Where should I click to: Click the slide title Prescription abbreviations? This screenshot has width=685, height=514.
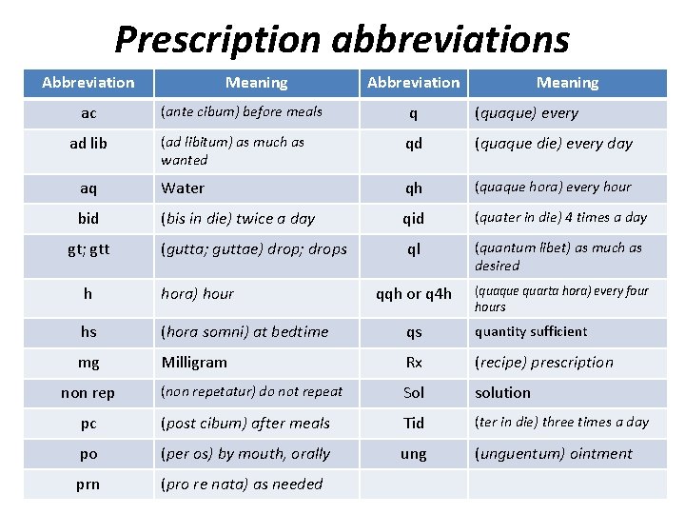[342, 40]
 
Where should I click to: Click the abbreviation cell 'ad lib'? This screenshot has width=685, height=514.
[88, 144]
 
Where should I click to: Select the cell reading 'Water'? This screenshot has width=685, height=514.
[183, 188]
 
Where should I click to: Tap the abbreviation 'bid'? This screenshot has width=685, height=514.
[88, 218]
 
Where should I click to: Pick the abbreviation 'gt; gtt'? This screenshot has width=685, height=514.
[88, 248]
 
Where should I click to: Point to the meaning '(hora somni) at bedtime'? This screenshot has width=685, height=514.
[245, 332]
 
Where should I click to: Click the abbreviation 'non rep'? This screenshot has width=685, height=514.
[88, 393]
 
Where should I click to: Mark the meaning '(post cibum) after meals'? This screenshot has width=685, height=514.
[245, 424]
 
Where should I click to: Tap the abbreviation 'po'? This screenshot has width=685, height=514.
[88, 454]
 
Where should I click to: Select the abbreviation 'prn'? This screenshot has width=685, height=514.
[88, 484]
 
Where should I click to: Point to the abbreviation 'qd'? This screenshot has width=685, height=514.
[413, 144]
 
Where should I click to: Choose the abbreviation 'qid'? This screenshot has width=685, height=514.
[413, 218]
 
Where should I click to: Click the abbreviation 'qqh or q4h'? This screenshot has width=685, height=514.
[413, 294]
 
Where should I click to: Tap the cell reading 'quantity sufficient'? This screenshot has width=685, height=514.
[531, 332]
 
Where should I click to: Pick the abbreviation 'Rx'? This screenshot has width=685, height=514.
[413, 363]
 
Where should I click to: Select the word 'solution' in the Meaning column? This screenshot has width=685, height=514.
[502, 393]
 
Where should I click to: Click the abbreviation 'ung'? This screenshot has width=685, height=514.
[413, 454]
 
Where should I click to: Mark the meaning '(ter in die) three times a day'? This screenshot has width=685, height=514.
[561, 423]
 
